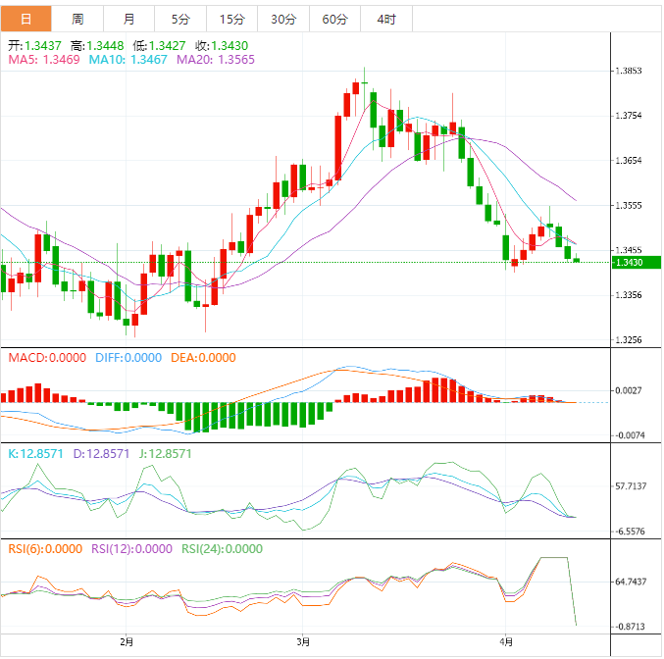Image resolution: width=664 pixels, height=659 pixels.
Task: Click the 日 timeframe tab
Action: tap(25, 19)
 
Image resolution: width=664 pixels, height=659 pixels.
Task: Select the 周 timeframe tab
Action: tap(77, 19)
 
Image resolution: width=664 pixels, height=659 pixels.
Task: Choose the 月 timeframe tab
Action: tap(129, 19)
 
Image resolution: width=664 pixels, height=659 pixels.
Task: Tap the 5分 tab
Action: tap(181, 19)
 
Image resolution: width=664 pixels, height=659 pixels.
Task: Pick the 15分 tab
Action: tap(232, 19)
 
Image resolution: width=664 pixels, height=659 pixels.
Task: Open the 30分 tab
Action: tap(283, 19)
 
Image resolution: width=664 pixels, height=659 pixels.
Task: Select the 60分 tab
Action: tap(334, 19)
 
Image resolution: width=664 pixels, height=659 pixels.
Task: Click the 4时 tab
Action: tap(385, 19)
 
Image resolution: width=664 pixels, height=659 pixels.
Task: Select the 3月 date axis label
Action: tap(304, 641)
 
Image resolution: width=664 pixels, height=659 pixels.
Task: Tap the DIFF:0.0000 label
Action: tap(128, 358)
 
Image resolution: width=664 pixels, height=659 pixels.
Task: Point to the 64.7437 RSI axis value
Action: tap(632, 582)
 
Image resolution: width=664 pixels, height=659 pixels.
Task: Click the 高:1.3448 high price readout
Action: tap(103, 45)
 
